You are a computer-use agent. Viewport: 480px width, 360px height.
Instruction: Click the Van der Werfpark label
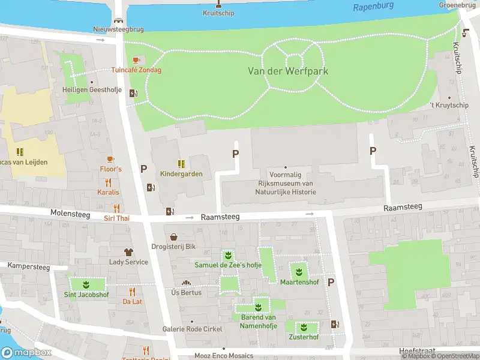pos(288,71)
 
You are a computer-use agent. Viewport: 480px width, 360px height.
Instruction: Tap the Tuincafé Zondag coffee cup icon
pos(136,60)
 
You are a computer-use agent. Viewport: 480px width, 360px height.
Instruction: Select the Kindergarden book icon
pos(181,164)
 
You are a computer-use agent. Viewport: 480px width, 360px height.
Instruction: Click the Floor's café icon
pos(110,159)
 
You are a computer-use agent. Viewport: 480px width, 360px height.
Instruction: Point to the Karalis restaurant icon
pos(109,182)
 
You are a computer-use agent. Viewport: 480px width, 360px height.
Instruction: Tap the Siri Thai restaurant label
pos(116,218)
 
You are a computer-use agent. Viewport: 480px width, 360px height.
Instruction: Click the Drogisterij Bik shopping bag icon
pos(174,237)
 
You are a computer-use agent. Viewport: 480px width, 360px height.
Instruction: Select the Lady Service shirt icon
pos(128,252)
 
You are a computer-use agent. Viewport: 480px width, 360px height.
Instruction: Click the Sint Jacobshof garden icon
pos(86,284)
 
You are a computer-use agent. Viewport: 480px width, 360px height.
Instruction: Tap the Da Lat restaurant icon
pos(133,292)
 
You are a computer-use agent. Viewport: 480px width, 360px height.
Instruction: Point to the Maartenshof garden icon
pos(298,271)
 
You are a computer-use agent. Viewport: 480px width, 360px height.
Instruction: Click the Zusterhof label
pos(303,337)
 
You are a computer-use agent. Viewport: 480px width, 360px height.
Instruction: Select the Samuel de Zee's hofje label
pos(227,265)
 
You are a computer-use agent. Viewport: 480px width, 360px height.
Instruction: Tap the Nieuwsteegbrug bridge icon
pos(119,20)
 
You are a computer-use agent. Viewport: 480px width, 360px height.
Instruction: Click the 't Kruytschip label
pos(449,106)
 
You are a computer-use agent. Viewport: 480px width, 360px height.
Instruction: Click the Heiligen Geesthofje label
pos(92,91)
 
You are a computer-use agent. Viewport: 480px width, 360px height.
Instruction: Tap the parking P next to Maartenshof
pos(331,282)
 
